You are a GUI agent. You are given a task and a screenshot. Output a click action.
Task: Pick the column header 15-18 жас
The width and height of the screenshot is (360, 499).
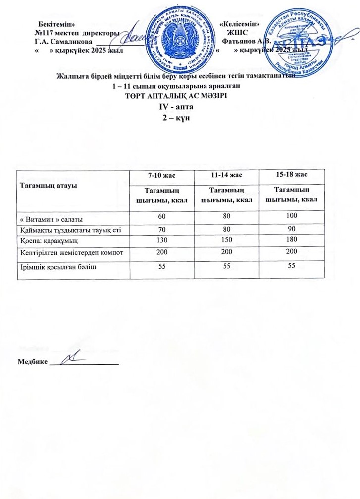291,174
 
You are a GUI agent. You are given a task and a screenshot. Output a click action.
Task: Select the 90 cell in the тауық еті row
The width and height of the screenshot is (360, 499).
291,229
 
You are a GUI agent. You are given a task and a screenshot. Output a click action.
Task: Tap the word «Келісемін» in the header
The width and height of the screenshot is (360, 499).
240,24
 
